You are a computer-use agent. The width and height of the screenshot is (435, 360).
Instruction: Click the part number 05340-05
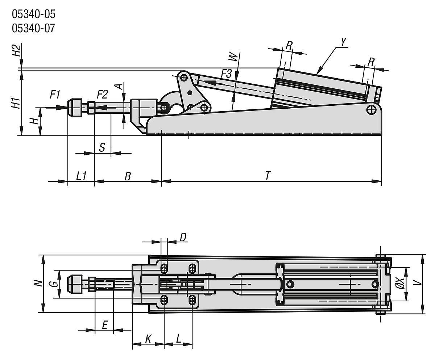point(34,14)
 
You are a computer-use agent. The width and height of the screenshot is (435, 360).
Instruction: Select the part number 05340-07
point(34,28)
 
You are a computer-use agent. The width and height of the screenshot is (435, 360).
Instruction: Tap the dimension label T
point(268,176)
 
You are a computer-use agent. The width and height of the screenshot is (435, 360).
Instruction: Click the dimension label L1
point(81,176)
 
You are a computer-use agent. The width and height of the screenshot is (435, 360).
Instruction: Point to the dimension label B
point(128,176)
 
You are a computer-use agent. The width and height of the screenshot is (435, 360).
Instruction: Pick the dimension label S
point(102,147)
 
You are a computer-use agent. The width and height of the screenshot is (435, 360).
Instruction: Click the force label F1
point(55,95)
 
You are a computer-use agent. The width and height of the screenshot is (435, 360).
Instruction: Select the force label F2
point(102,95)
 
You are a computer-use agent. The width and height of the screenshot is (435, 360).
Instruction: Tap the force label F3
point(226,74)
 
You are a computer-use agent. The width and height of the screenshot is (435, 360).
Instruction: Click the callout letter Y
point(344,42)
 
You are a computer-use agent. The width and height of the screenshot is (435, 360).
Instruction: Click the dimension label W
point(234,57)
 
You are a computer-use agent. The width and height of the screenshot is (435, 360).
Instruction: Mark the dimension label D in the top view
point(183,237)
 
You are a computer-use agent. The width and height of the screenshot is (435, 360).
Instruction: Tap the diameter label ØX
point(399,284)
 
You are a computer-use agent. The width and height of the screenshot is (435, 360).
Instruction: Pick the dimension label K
point(148,339)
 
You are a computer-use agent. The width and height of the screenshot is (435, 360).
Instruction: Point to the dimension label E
point(104,325)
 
